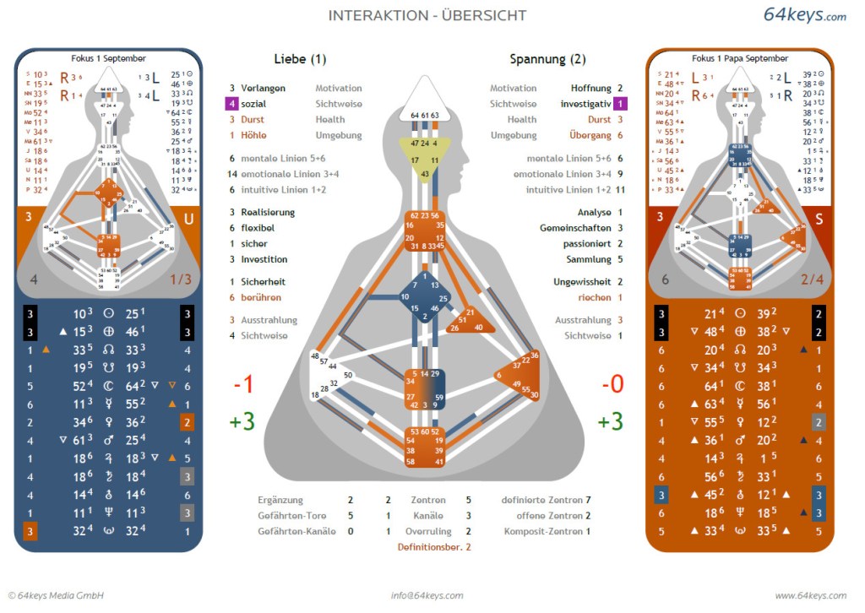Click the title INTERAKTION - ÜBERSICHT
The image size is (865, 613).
(x=427, y=15)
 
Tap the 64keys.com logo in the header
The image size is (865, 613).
(x=804, y=15)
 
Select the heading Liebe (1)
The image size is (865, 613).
(x=300, y=59)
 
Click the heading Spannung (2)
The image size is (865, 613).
(x=547, y=59)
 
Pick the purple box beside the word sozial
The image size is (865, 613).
(x=231, y=104)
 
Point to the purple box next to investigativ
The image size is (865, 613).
(x=620, y=104)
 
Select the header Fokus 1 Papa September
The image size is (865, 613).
(x=739, y=58)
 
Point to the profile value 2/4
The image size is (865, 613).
(x=812, y=279)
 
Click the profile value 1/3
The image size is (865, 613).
(x=181, y=279)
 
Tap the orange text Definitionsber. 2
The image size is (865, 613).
(x=434, y=547)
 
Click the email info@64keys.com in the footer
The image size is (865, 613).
(x=427, y=595)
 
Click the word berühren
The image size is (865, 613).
(x=260, y=297)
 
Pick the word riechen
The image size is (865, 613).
(x=595, y=297)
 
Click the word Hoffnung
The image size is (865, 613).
(x=590, y=88)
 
